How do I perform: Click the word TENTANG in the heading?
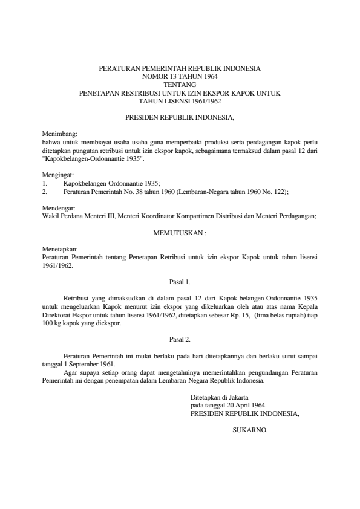pos(180,85)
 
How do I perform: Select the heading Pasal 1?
pos(180,281)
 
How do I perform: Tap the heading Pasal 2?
pos(180,339)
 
